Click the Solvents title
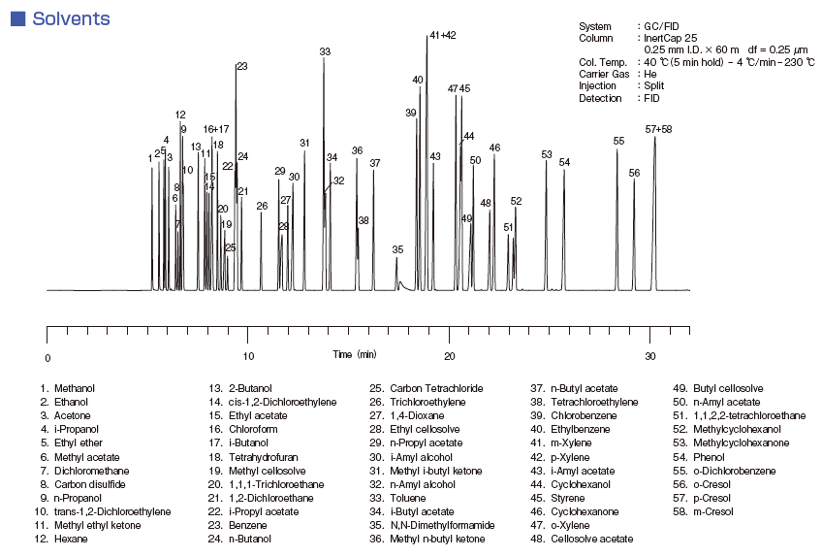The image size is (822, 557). [70, 18]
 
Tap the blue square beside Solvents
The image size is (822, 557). [17, 18]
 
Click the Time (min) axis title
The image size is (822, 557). [354, 354]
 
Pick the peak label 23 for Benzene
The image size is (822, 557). [241, 66]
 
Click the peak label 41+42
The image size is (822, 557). [441, 35]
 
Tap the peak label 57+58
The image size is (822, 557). [658, 129]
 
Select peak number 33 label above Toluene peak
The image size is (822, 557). [325, 51]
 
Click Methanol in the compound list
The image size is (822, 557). [75, 388]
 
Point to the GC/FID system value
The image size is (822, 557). [663, 26]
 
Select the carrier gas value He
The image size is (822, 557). [651, 74]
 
